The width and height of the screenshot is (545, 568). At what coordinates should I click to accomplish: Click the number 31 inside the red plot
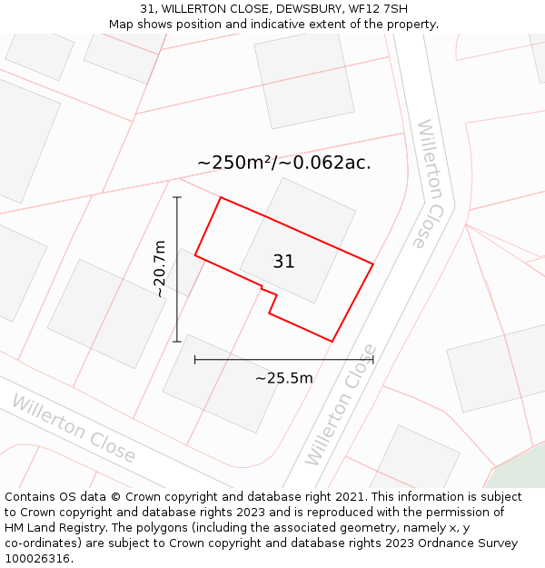pyautogui.click(x=283, y=262)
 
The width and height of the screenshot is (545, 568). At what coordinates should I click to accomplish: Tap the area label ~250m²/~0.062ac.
pyautogui.click(x=283, y=163)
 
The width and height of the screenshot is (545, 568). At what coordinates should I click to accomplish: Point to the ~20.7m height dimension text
pyautogui.click(x=160, y=269)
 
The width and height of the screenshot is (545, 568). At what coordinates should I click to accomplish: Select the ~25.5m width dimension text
pyautogui.click(x=283, y=378)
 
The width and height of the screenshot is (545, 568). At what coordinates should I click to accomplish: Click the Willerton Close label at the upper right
pyautogui.click(x=433, y=184)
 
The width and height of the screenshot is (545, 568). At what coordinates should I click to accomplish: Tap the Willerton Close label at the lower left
pyautogui.click(x=73, y=428)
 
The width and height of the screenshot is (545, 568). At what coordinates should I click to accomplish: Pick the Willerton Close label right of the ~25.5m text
pyautogui.click(x=341, y=404)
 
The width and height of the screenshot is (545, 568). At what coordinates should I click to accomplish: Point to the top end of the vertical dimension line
pyautogui.click(x=177, y=197)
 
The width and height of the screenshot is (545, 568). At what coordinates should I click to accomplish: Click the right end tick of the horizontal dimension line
pyautogui.click(x=372, y=360)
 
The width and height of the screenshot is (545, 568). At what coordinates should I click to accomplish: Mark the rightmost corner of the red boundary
pyautogui.click(x=372, y=264)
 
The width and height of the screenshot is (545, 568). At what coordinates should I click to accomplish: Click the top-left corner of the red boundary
pyautogui.click(x=221, y=197)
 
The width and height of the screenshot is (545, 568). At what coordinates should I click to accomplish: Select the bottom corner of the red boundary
pyautogui.click(x=332, y=342)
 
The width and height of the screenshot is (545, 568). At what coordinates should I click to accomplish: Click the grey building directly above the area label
pyautogui.click(x=304, y=78)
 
